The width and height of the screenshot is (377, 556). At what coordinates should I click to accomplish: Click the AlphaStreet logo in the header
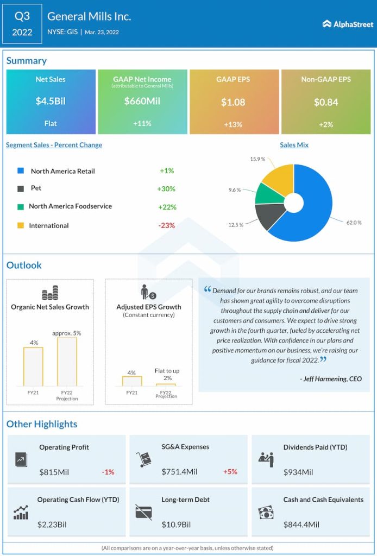coord(348,24)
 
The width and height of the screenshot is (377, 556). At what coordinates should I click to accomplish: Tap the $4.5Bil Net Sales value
coord(51,102)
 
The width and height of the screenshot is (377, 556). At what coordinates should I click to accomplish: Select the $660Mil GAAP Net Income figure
coord(142,101)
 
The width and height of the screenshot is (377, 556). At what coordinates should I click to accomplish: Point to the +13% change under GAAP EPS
coord(233,124)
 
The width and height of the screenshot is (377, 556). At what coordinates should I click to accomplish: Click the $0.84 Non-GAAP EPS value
coord(325,102)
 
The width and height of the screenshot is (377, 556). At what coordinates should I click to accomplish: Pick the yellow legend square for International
coord(21,225)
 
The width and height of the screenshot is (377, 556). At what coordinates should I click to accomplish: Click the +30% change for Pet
coord(166,189)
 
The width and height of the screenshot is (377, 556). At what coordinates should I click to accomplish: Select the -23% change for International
coord(166,225)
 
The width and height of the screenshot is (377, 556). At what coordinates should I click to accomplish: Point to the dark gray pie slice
coord(267,214)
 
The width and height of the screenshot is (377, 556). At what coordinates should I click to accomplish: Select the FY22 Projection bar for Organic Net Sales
coord(67,362)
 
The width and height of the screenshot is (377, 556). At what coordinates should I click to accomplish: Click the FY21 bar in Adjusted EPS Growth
coord(131,381)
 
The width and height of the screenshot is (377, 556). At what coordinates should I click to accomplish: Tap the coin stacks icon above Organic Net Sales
coord(50,293)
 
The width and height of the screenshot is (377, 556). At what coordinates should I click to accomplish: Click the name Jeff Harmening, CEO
coord(330,378)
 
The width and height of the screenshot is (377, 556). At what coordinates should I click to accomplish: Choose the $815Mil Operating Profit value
coord(54,472)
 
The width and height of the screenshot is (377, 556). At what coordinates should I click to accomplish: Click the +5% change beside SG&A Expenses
coord(230,472)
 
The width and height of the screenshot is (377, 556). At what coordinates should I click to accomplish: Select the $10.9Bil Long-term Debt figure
coord(176,525)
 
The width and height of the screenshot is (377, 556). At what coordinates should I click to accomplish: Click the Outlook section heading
coord(24,266)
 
